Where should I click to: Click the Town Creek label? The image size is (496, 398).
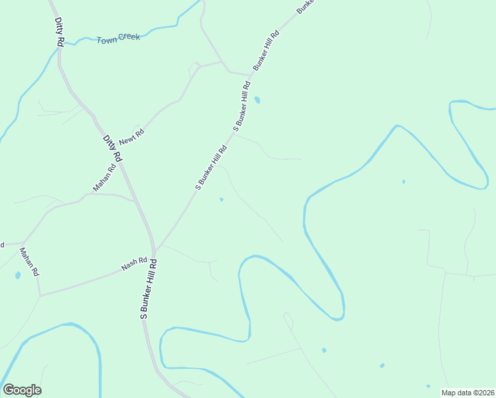click(x=119, y=38)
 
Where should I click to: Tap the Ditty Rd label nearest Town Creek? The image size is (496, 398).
click(x=60, y=32)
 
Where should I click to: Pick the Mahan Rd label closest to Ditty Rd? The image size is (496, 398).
click(x=104, y=178)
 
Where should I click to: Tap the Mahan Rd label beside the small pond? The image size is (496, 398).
click(x=30, y=262)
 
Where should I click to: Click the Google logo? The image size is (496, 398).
click(x=22, y=390)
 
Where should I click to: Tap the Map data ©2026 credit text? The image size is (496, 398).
click(x=468, y=393)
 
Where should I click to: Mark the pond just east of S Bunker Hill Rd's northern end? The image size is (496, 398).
click(x=257, y=100)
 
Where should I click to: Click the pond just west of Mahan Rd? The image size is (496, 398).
click(x=17, y=275)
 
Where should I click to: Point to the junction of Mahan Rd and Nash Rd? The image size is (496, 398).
click(x=40, y=295)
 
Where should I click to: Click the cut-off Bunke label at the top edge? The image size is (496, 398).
click(x=304, y=6)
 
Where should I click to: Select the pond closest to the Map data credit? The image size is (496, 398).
click(x=428, y=386)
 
